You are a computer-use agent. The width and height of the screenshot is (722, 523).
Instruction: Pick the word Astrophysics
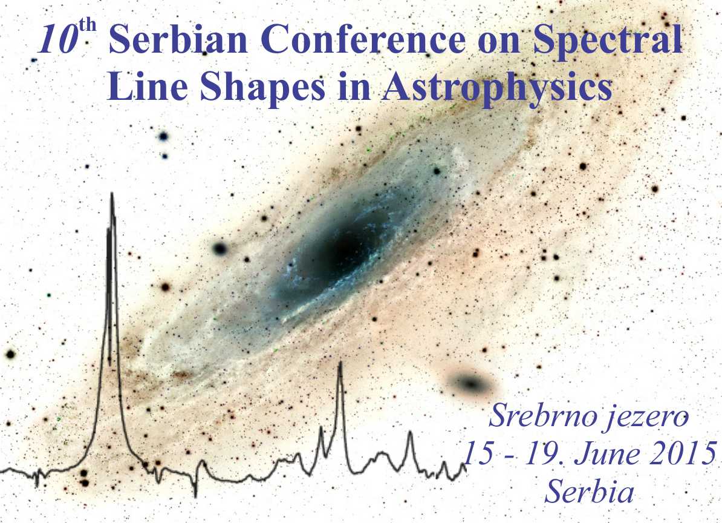click(x=497, y=88)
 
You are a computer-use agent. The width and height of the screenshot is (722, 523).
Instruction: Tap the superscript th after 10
click(x=88, y=25)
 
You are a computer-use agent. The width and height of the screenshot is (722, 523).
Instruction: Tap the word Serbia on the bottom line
click(x=590, y=491)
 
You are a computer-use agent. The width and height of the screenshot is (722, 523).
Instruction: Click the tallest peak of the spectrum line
click(x=112, y=194)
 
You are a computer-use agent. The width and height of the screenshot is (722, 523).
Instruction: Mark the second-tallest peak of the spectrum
click(x=340, y=363)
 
